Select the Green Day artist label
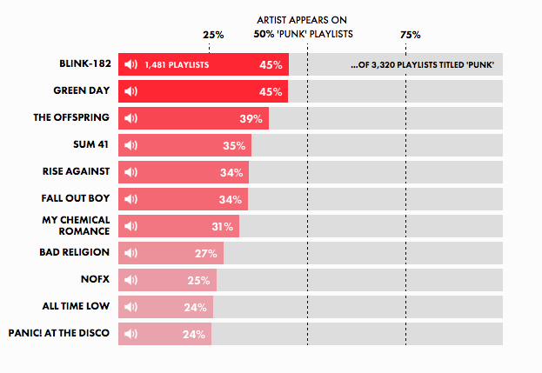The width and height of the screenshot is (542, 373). point(82,91)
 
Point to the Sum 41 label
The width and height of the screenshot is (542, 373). point(91,145)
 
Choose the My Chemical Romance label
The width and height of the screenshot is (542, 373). point(77,225)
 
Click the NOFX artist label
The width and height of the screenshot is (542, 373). point(95,279)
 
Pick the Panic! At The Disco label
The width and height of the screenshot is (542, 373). point(59,333)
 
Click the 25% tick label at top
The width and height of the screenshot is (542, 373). point(213,35)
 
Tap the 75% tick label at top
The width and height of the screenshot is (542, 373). point(411,35)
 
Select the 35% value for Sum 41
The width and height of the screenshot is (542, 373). point(233,146)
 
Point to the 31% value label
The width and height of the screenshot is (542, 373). point(222,227)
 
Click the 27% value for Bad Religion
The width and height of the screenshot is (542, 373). point(206,254)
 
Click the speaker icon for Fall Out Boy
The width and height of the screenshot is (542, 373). point(131,200)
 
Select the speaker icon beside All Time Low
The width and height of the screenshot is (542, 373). point(131,308)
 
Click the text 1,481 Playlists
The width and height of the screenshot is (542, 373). point(177,65)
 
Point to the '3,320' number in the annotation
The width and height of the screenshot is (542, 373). point(383,65)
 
